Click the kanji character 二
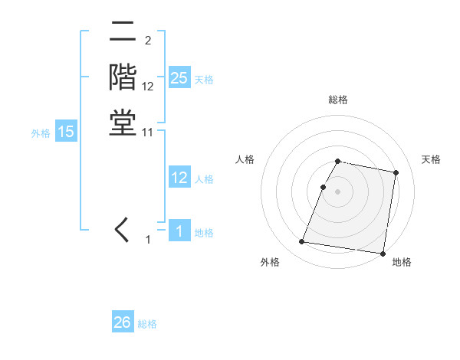123,32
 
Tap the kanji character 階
123,77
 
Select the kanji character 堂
123,123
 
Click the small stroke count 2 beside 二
147,41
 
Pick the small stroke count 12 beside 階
148,87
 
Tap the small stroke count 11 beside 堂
148,132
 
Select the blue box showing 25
179,78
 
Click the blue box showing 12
179,178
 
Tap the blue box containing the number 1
179,231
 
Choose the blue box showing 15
66,132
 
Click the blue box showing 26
123,322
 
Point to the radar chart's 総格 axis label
338,100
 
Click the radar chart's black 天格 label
432,159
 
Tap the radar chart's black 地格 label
402,263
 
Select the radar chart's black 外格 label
270,263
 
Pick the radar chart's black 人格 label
245,159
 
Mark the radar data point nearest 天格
396,172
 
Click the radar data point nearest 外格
302,242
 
